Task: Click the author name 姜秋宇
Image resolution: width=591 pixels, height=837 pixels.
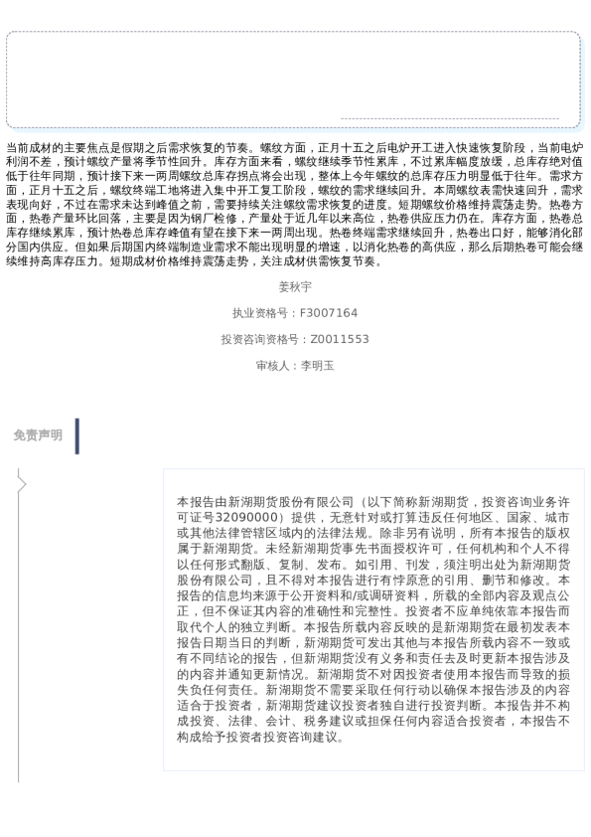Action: click(x=295, y=286)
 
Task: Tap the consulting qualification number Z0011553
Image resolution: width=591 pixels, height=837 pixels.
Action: click(x=340, y=339)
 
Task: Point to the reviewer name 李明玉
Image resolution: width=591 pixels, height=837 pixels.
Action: click(x=318, y=366)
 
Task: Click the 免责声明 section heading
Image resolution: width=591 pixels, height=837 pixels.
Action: click(x=38, y=435)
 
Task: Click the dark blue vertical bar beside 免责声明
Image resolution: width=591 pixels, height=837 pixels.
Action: click(x=76, y=435)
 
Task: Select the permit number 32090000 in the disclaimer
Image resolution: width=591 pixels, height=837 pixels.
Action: click(x=246, y=518)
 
